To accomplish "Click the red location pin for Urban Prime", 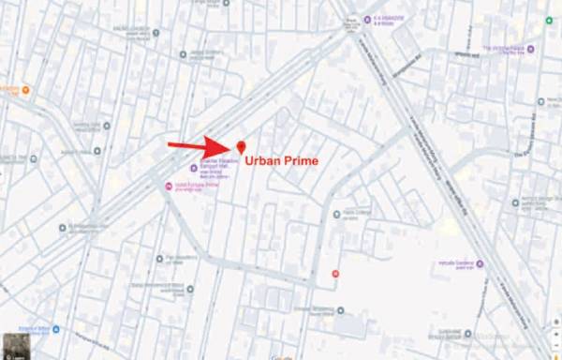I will (x=241, y=147).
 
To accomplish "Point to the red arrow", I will (x=199, y=146).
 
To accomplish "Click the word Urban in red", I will (x=262, y=161).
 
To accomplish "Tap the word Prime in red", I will (x=301, y=161).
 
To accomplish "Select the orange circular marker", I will (x=25, y=91).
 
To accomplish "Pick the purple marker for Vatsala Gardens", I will (x=481, y=264).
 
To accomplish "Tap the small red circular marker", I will (x=335, y=273).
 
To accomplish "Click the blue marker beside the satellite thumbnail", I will (x=55, y=328).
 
